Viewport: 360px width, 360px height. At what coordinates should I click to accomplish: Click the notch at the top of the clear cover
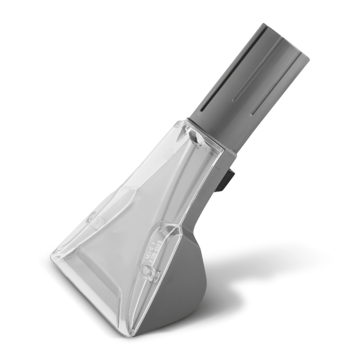(194, 135)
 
